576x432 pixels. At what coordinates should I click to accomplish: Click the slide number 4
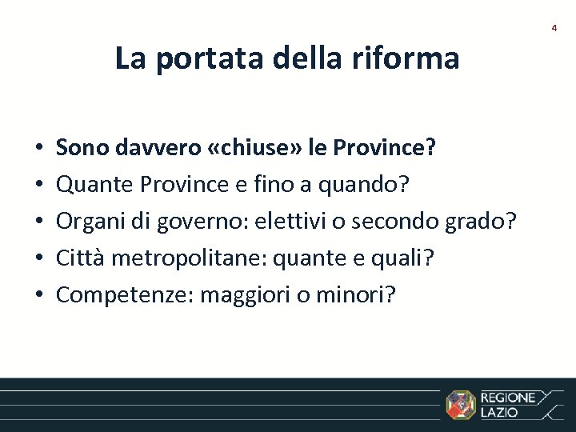[x=554, y=28]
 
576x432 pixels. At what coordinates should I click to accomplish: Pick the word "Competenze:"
[x=124, y=295]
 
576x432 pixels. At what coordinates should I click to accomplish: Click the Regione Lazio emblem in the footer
[x=460, y=404]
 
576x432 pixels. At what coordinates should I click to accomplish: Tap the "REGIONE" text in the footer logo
[x=508, y=398]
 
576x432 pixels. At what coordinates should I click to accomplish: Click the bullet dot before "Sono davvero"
[x=38, y=149]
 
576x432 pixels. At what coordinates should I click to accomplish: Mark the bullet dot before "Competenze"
[x=38, y=296]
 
